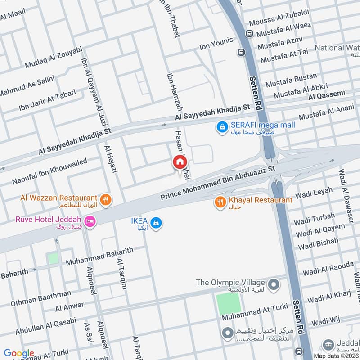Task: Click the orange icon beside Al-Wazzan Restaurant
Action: click(x=106, y=200)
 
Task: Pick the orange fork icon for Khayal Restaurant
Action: click(x=220, y=202)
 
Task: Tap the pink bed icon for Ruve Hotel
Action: click(x=90, y=222)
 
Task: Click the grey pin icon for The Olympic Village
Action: click(x=273, y=285)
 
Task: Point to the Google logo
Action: click(x=19, y=353)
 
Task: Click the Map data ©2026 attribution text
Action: click(x=335, y=355)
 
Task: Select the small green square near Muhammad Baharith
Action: click(x=53, y=258)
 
